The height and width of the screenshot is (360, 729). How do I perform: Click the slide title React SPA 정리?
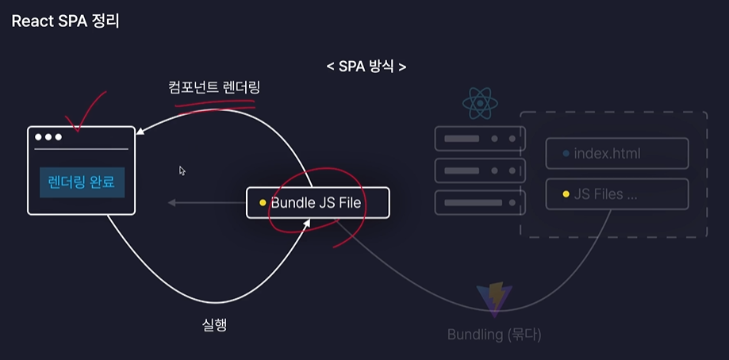tap(65, 21)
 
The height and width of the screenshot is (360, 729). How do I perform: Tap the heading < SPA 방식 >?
tap(366, 67)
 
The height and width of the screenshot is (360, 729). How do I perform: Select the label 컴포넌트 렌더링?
tap(214, 87)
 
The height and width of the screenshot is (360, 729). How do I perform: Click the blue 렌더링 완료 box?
tap(82, 182)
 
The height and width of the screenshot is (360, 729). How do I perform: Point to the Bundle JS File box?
tap(317, 203)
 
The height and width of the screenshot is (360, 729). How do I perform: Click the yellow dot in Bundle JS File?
tap(262, 203)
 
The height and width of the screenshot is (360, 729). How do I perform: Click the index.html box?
tap(616, 153)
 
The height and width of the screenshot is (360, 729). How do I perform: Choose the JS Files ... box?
tap(616, 194)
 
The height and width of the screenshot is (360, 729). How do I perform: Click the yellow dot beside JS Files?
tap(566, 194)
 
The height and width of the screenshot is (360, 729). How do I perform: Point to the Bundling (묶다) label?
tap(493, 335)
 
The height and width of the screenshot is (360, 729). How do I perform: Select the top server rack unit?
tap(480, 139)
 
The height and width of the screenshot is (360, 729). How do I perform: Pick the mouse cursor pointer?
tap(182, 170)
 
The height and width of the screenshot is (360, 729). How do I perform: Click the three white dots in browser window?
tap(48, 137)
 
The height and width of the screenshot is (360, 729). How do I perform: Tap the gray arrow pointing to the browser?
tap(206, 203)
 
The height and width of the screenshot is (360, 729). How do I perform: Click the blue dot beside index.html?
tap(566, 153)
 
